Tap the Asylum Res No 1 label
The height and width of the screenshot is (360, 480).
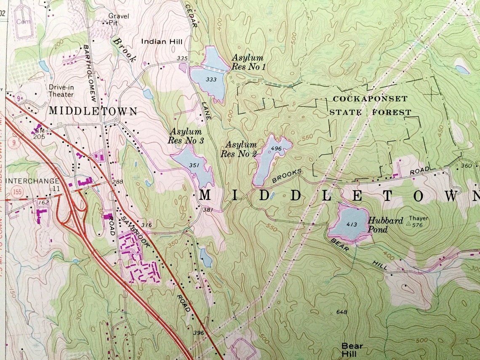pos(248,62)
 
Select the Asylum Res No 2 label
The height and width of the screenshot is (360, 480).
pos(238,149)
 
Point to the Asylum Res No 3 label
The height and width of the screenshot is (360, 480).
pos(186,136)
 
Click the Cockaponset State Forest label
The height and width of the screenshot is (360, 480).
pos(370,105)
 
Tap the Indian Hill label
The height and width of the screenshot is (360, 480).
pos(162,42)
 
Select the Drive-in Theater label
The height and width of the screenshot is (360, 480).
pos(61,91)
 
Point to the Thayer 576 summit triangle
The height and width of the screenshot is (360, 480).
pos(408,225)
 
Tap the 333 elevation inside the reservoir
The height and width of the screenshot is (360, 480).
pos(211,79)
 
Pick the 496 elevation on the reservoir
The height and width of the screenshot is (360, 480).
pos(276,148)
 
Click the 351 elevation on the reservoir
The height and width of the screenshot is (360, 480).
pos(194,165)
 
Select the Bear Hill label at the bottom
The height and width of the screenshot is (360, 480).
pos(352,350)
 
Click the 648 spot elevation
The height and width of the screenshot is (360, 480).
pos(342,312)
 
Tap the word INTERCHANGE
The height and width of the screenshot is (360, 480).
pos(32,181)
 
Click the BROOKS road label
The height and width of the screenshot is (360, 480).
pos(287,176)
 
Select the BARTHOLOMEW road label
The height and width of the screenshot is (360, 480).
pos(92,72)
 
